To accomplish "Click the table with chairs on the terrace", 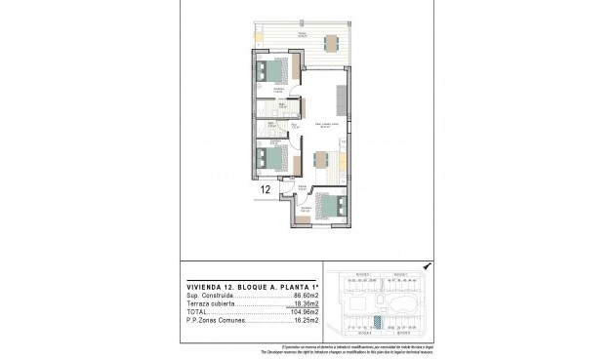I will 328,41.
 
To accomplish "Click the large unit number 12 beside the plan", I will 266,190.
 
